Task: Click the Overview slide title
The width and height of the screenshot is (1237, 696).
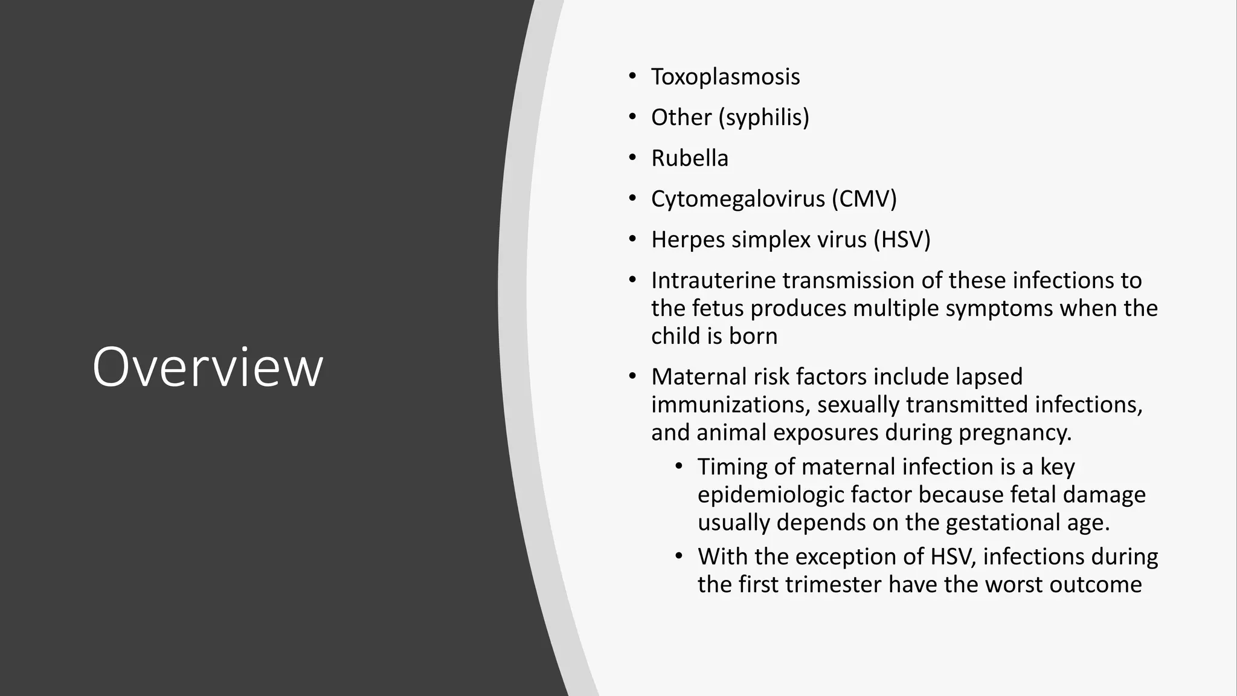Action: click(x=207, y=367)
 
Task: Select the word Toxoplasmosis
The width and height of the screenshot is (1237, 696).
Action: click(x=725, y=77)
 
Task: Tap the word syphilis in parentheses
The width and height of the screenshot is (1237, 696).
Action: click(x=763, y=117)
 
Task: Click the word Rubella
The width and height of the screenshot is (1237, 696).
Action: click(x=689, y=158)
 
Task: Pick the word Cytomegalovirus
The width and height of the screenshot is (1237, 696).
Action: click(x=737, y=199)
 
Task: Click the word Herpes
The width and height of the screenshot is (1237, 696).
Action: click(x=688, y=240)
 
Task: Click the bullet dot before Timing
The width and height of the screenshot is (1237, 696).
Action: click(x=679, y=466)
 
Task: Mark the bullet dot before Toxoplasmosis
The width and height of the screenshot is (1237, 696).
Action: click(x=632, y=77)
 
